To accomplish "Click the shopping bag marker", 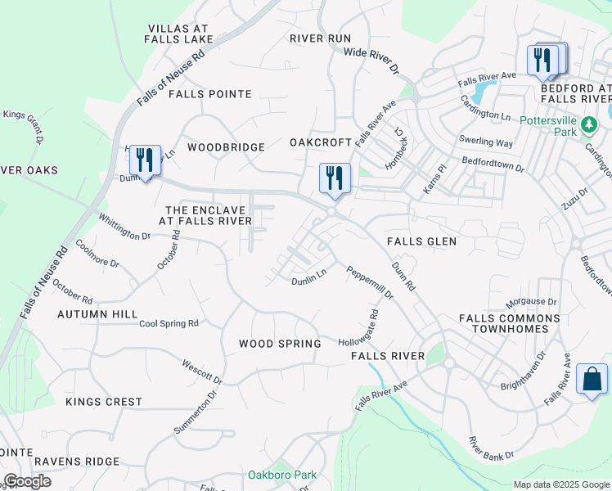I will (x=592, y=380).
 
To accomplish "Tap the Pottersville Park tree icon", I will (x=590, y=124).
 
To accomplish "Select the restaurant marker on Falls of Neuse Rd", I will (x=145, y=160).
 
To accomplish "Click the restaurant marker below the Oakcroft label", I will (x=334, y=178).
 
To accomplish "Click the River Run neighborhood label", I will (x=320, y=38).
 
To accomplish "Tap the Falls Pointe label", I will (x=209, y=94).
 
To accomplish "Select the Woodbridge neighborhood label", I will (x=226, y=147).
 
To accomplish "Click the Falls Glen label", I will (x=422, y=241).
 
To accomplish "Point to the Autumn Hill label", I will (x=97, y=314).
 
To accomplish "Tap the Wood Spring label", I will (x=280, y=344).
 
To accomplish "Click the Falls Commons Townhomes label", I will (x=510, y=323).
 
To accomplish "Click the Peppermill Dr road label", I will (x=369, y=282).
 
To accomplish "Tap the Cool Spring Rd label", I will (x=169, y=323).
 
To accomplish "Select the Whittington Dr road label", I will (x=124, y=226).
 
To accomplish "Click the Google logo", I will (x=27, y=481).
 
